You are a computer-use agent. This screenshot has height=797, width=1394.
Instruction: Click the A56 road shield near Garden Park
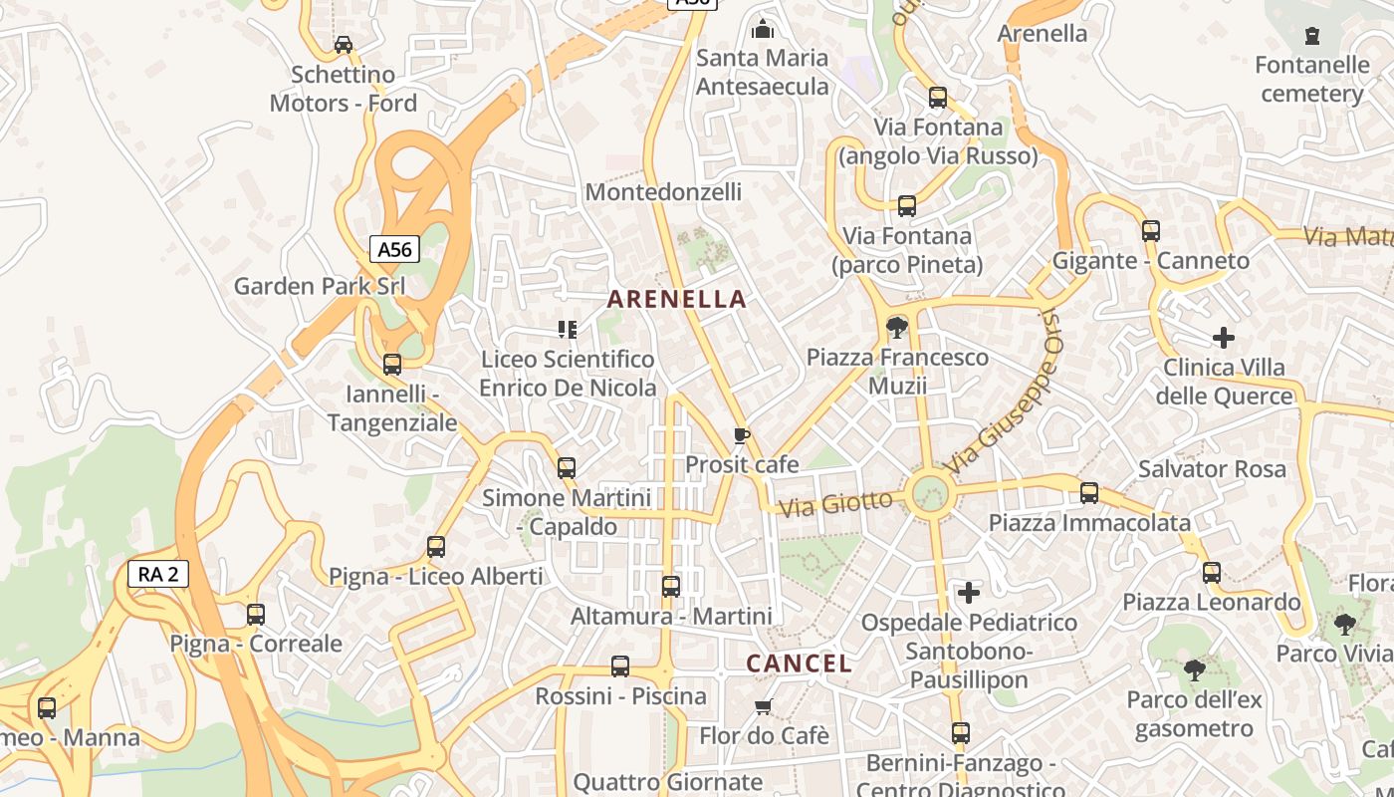pyautogui.click(x=395, y=249)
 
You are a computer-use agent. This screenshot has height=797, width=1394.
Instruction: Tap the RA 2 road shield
pyautogui.click(x=158, y=574)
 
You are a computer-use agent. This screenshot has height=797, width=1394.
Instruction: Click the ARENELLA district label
pyautogui.click(x=677, y=299)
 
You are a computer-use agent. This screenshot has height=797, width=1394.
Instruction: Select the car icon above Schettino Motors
pyautogui.click(x=344, y=45)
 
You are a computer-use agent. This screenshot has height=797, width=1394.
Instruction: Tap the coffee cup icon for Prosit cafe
pyautogui.click(x=741, y=435)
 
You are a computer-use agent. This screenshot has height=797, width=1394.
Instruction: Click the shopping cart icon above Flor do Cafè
pyautogui.click(x=763, y=706)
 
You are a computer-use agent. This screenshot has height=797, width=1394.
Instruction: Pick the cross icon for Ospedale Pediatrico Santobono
pyautogui.click(x=968, y=594)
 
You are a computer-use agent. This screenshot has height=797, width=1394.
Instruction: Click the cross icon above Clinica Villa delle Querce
pyautogui.click(x=1224, y=338)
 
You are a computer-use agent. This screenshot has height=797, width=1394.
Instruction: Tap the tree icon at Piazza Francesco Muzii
pyautogui.click(x=896, y=327)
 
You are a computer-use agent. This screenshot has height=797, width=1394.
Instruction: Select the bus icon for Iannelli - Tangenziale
pyautogui.click(x=392, y=365)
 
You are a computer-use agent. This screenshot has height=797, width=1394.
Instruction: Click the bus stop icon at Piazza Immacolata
pyautogui.click(x=1089, y=493)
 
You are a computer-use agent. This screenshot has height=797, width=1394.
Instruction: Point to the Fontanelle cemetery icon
pyautogui.click(x=1311, y=37)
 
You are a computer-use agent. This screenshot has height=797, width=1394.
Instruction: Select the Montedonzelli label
pyautogui.click(x=663, y=191)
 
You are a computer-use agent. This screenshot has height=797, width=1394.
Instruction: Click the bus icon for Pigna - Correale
pyautogui.click(x=256, y=615)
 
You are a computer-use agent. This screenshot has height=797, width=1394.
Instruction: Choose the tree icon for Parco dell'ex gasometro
pyautogui.click(x=1194, y=670)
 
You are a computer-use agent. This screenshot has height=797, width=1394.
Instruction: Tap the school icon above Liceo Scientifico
pyautogui.click(x=568, y=329)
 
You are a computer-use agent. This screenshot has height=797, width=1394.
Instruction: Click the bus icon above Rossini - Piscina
pyautogui.click(x=620, y=666)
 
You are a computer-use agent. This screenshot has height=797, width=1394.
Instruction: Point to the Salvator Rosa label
pyautogui.click(x=1212, y=468)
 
